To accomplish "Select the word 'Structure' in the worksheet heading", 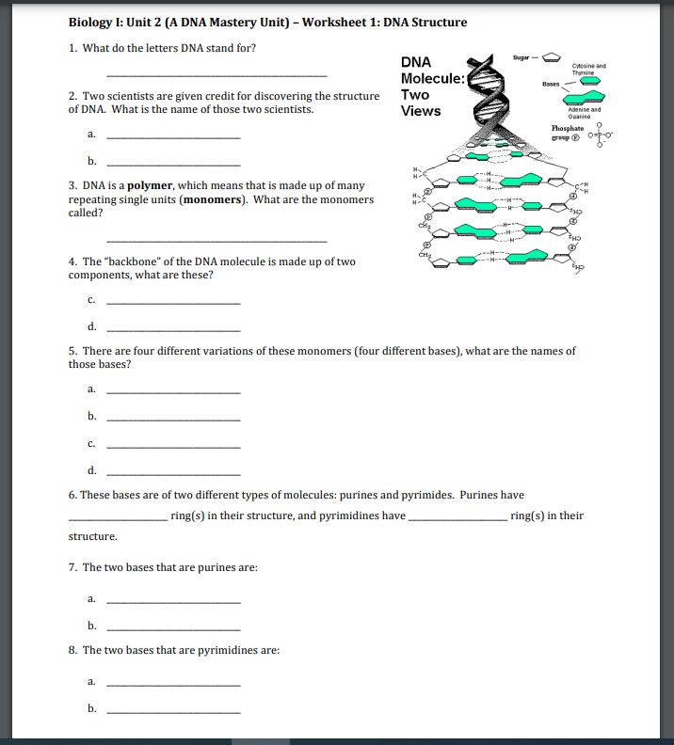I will click(437, 23).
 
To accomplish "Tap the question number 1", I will click(72, 48).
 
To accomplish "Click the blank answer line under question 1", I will click(217, 75).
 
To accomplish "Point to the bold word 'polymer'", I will click(152, 186).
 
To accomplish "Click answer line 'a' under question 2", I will click(174, 137).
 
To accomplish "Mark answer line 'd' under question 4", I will click(174, 329).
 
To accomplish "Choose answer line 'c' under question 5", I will click(174, 446).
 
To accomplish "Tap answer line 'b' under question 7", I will click(174, 628).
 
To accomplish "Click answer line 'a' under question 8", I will click(174, 683).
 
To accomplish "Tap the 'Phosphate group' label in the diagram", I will click(568, 132).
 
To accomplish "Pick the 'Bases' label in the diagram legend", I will click(553, 84).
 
